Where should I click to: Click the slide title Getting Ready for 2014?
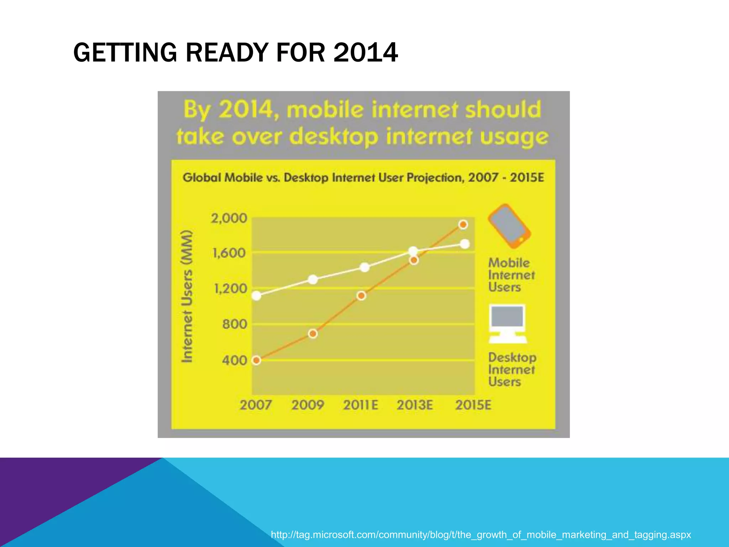click(x=235, y=53)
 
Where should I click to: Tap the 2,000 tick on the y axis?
click(x=229, y=218)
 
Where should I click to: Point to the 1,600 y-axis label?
click(x=229, y=253)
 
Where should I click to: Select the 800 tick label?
click(x=234, y=324)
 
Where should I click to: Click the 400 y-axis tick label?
click(x=234, y=360)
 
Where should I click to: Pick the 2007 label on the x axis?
click(x=256, y=405)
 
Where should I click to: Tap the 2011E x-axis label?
click(x=360, y=405)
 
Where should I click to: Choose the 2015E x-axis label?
click(x=473, y=405)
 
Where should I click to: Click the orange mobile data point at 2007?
click(x=256, y=360)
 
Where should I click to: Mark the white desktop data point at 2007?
click(x=256, y=296)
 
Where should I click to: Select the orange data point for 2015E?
click(x=463, y=224)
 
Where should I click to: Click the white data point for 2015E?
click(x=465, y=244)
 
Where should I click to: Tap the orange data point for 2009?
click(x=313, y=334)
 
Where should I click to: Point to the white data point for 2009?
click(x=313, y=280)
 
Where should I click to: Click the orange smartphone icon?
click(x=509, y=226)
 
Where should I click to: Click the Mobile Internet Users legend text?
click(x=511, y=275)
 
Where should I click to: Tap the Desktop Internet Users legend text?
click(x=512, y=369)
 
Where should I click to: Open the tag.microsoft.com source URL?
click(x=481, y=535)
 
